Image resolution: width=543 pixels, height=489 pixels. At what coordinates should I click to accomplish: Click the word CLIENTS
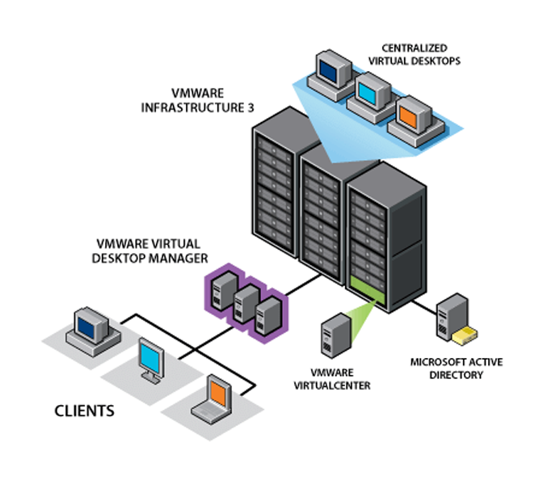coord(84,410)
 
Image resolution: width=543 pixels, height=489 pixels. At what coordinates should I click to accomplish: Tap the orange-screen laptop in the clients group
coord(213,398)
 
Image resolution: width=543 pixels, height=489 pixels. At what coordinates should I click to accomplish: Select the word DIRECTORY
coord(457,375)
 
